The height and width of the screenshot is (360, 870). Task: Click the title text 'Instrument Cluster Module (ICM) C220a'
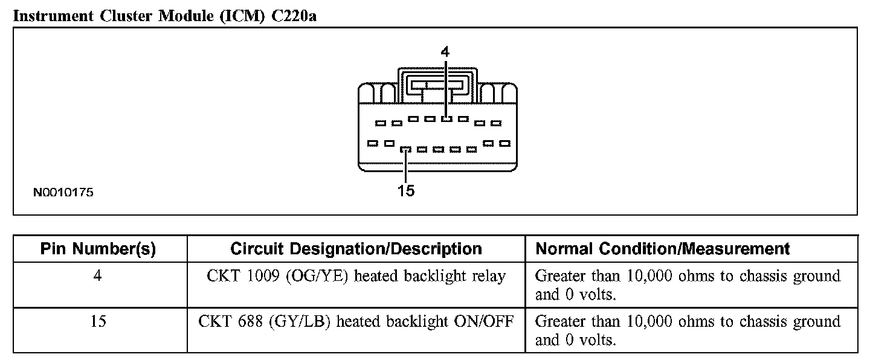(165, 16)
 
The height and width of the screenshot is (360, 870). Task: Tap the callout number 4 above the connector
(445, 52)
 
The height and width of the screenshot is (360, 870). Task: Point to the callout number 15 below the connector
(406, 191)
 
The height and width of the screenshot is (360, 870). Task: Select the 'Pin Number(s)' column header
(98, 249)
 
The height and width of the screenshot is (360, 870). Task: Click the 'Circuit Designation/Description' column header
(356, 249)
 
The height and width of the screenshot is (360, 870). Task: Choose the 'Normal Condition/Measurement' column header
(663, 249)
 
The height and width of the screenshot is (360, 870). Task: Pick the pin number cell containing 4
(98, 277)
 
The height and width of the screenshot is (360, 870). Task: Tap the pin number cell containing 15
(98, 321)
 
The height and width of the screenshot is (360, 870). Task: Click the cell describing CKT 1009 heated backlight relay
(356, 277)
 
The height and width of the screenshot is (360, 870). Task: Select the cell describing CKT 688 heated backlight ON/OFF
(356, 321)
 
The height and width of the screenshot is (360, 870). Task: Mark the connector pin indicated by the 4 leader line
(446, 119)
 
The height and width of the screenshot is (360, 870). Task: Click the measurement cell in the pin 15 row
(688, 330)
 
